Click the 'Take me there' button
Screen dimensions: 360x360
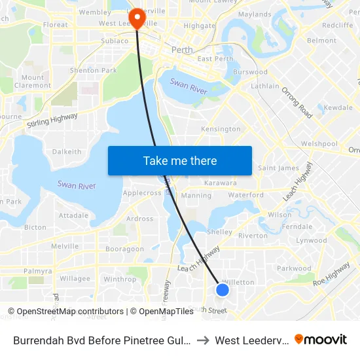[180, 160]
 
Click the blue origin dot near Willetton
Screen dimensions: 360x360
[223, 289]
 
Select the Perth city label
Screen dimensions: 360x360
[181, 50]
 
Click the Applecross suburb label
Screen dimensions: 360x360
[142, 193]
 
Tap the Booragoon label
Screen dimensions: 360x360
[124, 249]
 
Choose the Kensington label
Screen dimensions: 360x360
[221, 129]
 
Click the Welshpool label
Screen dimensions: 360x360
[319, 143]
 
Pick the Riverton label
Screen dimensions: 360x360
[253, 236]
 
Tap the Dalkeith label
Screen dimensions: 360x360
[67, 151]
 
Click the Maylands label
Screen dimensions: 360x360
[255, 14]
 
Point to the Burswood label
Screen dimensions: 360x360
[250, 72]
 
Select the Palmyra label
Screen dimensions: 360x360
[37, 271]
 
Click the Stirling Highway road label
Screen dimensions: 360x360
[52, 120]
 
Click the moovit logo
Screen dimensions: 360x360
[321, 340]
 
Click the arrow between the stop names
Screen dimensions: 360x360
[204, 340]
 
